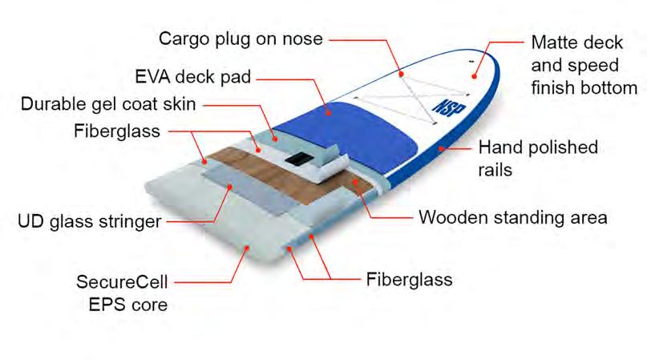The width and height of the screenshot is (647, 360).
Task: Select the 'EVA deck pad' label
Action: point(193,77)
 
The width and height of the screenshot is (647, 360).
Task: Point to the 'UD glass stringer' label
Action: point(90,221)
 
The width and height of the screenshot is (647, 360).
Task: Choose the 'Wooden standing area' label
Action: point(513,216)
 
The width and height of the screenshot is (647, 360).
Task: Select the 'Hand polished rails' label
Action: point(537,159)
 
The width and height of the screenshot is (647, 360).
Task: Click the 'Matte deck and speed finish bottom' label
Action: point(583,65)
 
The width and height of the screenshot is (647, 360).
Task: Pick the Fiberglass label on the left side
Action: point(117,130)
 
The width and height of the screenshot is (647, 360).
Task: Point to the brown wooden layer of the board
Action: point(241,160)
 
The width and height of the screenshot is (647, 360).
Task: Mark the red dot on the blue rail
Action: point(441,148)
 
